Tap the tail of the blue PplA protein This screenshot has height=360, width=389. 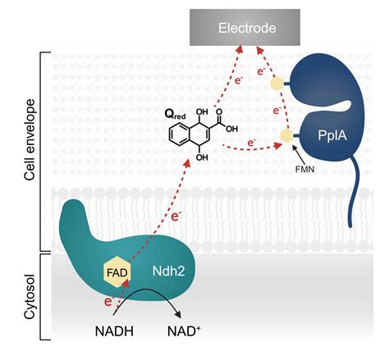(x=357, y=197)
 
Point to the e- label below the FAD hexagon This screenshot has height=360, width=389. (x=108, y=301)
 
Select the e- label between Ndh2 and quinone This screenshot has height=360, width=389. (x=176, y=217)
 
